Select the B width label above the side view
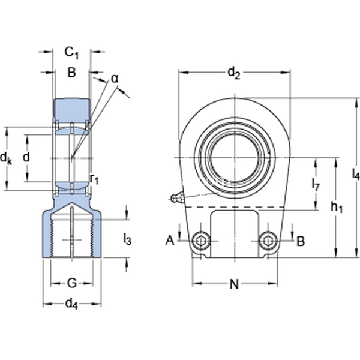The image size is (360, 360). click(71, 73)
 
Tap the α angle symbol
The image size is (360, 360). click(115, 79)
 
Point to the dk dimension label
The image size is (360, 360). click(7, 158)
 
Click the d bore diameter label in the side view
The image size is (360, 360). click(25, 157)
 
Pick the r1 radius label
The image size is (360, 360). click(94, 178)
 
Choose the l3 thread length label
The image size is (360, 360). click(127, 239)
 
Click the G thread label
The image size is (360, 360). click(71, 283)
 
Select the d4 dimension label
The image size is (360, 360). click(71, 304)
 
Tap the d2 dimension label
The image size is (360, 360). click(233, 73)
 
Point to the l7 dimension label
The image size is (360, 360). click(316, 185)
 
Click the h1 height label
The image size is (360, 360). click(336, 207)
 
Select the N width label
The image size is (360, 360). click(235, 284)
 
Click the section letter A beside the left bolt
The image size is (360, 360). click(170, 241)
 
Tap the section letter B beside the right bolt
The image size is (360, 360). click(301, 241)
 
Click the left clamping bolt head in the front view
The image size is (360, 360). click(200, 241)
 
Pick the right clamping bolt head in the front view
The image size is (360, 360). click(268, 241)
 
